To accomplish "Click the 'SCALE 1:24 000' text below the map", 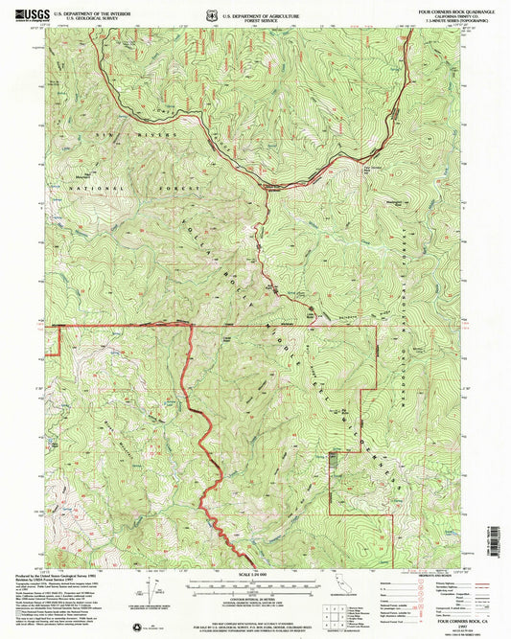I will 252,575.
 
